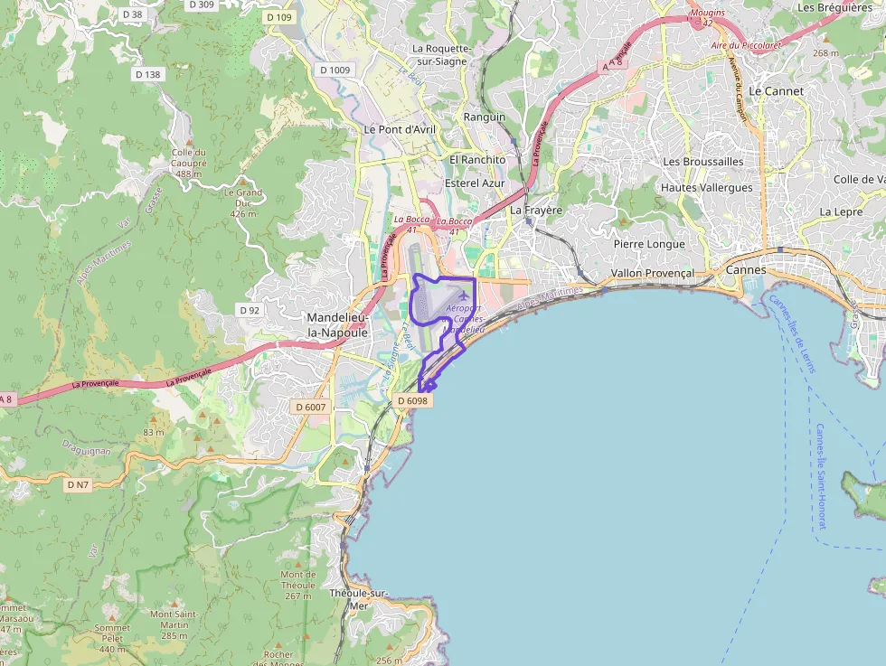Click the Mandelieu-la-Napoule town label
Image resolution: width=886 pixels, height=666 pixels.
337,324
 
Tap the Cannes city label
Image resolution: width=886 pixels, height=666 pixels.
746,269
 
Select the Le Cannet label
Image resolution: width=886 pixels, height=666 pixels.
776,91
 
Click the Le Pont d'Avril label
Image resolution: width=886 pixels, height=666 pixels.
400,129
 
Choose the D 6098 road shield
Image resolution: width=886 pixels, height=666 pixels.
412,400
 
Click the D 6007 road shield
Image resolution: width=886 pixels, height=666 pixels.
310,408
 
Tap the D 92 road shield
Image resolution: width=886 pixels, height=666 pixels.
250,310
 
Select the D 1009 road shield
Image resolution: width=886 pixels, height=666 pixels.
335,70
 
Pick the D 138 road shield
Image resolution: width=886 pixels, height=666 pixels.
146,74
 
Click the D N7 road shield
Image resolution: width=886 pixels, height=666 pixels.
78,485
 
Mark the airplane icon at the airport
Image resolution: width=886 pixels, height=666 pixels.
465,295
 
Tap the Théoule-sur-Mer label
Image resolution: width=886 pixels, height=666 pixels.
359,599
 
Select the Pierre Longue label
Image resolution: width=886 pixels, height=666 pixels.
649,244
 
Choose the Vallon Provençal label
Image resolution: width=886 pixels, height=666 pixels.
652,273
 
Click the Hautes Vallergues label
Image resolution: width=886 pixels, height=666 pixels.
707,188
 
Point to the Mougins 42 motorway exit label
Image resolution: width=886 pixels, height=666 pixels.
707,18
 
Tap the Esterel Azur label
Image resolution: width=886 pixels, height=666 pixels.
475,183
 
